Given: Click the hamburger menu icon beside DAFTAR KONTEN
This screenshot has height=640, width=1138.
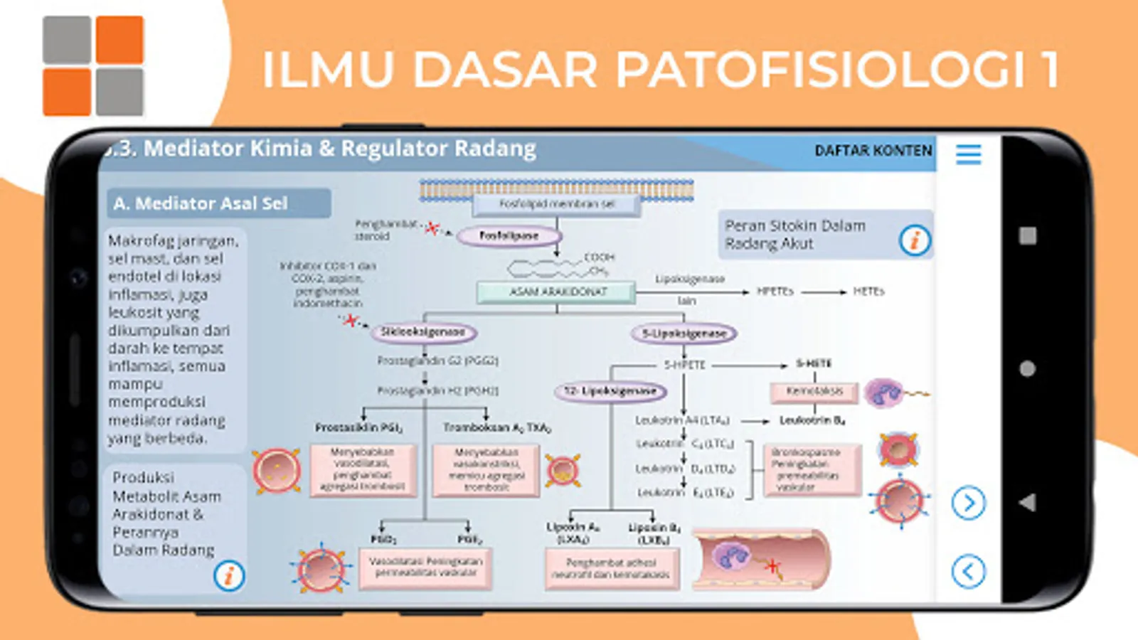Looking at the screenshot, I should (968, 154).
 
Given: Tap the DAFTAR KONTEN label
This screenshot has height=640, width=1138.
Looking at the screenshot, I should (873, 151).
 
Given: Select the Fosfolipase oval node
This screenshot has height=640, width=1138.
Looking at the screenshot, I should (509, 235).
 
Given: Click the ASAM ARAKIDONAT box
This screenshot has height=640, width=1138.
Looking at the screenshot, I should (557, 292).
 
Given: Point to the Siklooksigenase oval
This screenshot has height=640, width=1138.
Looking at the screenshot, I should (423, 332).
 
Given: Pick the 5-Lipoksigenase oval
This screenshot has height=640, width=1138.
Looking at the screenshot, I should (684, 333).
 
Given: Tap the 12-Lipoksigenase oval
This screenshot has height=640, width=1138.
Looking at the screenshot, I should (610, 391).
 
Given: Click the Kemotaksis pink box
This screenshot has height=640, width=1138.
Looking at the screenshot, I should (814, 391).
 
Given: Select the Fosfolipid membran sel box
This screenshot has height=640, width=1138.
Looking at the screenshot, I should (556, 204).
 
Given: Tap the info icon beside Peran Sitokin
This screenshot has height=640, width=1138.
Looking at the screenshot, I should (915, 240).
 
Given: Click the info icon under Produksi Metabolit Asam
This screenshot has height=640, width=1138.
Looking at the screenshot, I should (229, 575).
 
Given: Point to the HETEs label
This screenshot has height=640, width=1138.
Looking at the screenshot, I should (868, 292).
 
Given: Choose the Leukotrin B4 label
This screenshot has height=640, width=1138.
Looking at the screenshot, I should (812, 420).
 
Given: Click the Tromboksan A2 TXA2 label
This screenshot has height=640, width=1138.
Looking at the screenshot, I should (496, 427).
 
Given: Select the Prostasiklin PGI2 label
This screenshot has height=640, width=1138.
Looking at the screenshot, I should (359, 427).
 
